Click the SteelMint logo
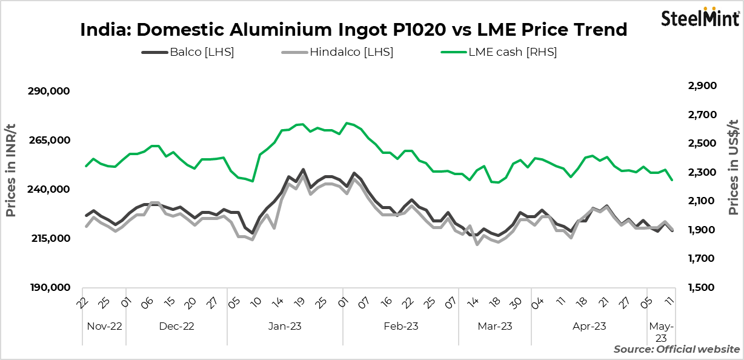[700, 18]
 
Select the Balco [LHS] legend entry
[188, 52]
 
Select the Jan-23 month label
[285, 326]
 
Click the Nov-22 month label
[104, 326]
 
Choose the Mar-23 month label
[494, 326]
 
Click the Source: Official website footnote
[676, 349]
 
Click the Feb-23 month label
[400, 326]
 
